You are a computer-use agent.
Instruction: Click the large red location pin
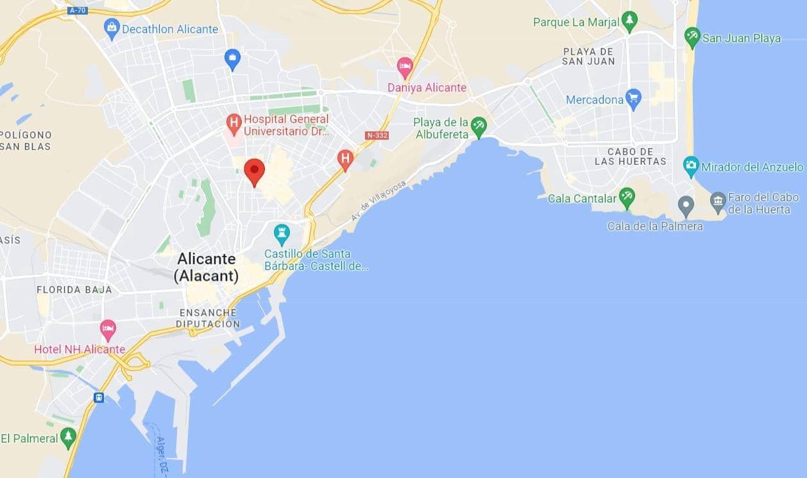[255, 170]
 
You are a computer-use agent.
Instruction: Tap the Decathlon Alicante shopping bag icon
[112, 29]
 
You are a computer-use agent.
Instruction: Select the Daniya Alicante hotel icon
[405, 66]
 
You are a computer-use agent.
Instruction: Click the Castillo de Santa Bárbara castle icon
[282, 233]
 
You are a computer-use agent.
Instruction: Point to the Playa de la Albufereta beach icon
[479, 126]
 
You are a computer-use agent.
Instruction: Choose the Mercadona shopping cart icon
[633, 99]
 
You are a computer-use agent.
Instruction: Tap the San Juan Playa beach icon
[692, 37]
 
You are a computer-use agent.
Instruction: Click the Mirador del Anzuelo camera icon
[691, 166]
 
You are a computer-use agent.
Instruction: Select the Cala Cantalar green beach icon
[627, 198]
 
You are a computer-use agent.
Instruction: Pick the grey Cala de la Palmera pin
[686, 206]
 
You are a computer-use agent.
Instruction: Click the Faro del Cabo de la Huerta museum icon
[718, 202]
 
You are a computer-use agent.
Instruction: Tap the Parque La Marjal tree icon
[630, 22]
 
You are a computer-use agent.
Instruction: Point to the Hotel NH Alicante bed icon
[108, 330]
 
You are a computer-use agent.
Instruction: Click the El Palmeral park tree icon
[68, 438]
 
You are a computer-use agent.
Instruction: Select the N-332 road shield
[377, 135]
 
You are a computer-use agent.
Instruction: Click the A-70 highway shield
[78, 10]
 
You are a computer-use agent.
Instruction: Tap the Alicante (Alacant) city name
[206, 268]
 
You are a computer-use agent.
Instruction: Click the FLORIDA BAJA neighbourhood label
[74, 289]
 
